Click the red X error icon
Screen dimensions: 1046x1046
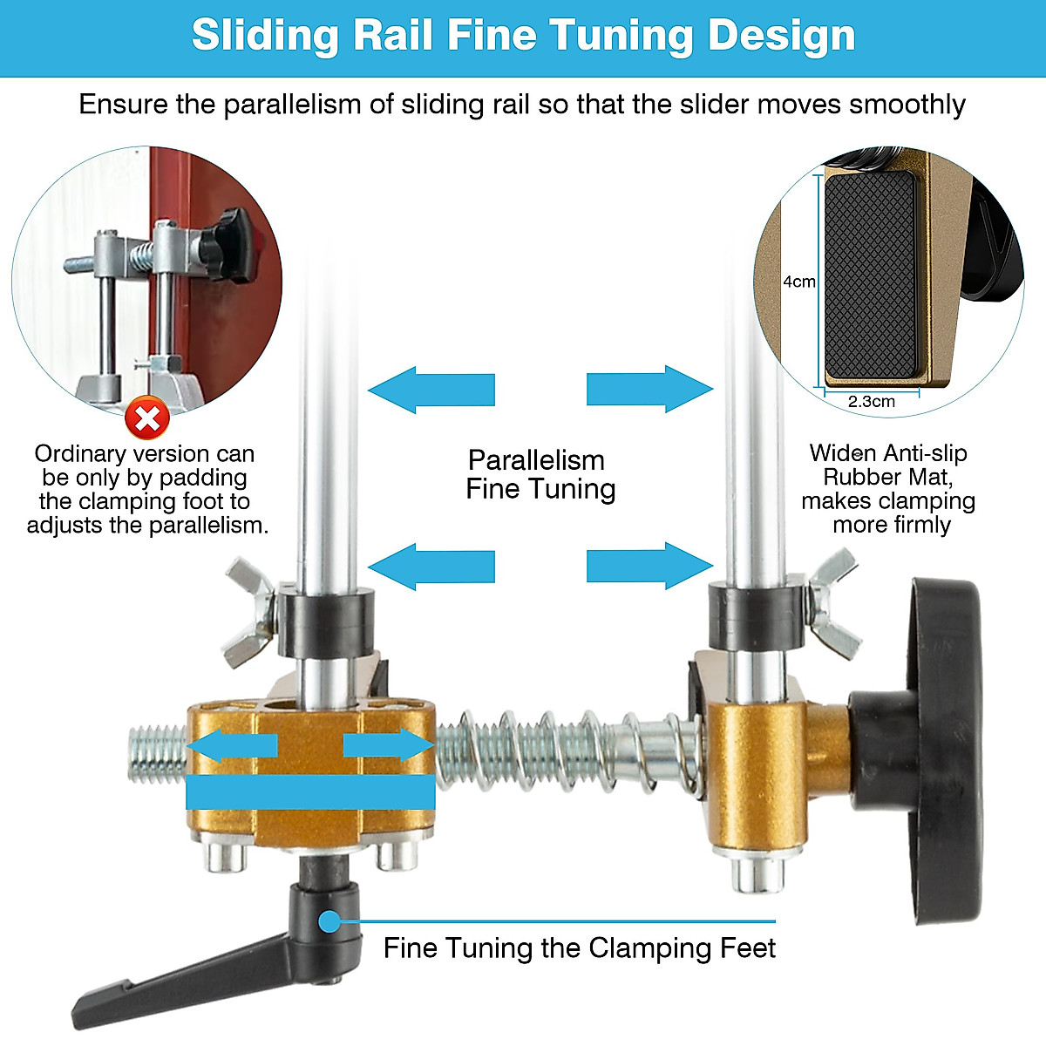coord(147,419)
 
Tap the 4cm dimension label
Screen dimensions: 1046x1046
coord(798,282)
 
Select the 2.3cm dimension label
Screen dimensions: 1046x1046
coord(871,401)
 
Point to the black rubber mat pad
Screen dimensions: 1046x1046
coord(870,275)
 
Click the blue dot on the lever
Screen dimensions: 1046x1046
coord(329,920)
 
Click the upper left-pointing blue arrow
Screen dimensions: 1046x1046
coord(431,389)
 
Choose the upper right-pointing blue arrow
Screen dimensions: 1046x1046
coord(649,389)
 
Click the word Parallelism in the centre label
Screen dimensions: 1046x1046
coord(536,460)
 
